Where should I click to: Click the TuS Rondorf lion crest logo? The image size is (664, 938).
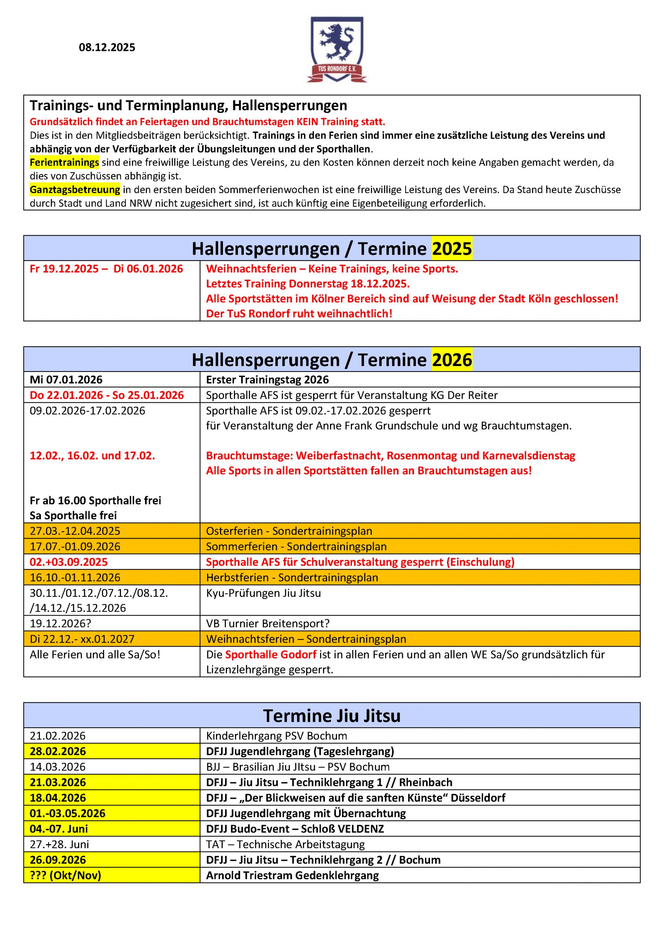point(337,49)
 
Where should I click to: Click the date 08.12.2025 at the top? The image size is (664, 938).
point(107,47)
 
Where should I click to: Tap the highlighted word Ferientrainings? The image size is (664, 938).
point(64,163)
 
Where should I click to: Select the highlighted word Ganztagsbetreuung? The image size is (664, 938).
point(75,189)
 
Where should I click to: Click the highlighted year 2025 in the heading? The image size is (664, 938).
point(452,248)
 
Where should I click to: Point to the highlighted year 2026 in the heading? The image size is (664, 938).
point(452,359)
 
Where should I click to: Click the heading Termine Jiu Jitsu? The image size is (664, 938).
point(331,715)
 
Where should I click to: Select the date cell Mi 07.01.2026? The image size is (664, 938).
point(66,380)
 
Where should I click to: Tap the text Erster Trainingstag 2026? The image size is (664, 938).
point(267,380)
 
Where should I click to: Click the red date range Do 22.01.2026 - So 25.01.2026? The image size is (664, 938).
point(107,395)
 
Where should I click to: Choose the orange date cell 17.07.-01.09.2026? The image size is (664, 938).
point(75,546)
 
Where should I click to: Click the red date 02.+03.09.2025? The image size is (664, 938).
point(69,562)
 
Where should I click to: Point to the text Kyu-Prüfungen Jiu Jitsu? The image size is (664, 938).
point(263,593)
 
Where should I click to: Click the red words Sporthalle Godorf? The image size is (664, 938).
point(271,654)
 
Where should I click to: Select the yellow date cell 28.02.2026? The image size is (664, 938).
point(58,751)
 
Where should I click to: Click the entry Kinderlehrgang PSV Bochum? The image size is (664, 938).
point(276,736)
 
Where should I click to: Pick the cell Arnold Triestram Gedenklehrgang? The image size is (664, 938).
point(292,875)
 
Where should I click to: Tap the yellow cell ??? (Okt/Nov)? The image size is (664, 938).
point(65,875)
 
